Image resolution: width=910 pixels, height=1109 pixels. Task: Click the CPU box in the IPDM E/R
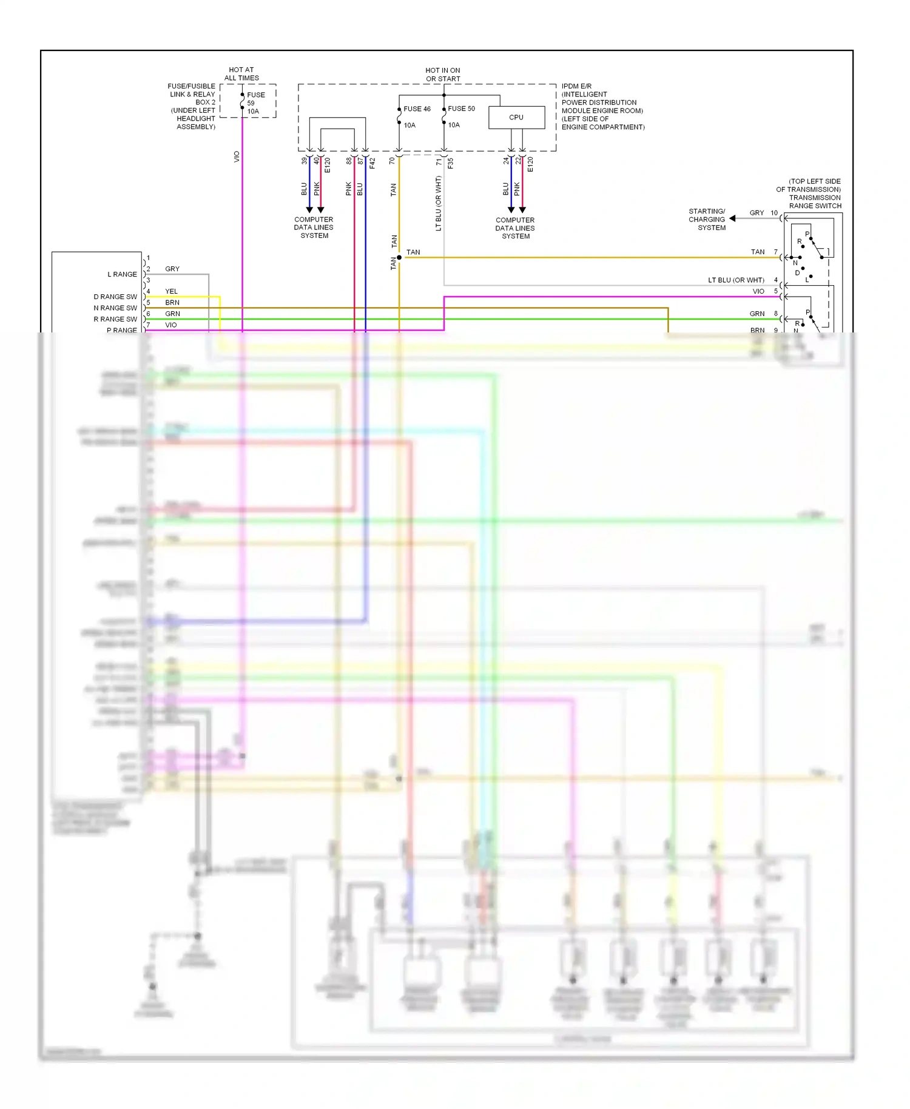tap(516, 117)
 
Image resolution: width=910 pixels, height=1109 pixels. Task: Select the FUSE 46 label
tap(417, 109)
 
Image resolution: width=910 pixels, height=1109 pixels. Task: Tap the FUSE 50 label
tap(461, 109)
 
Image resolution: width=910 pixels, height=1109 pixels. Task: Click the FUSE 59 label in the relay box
tap(255, 99)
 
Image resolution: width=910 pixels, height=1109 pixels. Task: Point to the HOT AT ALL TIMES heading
tap(241, 74)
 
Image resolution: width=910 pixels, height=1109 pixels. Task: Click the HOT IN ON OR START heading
tap(443, 75)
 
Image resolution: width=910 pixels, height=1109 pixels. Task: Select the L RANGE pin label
tap(122, 274)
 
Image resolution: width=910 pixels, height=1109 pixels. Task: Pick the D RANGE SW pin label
tap(115, 297)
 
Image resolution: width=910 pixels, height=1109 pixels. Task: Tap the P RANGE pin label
tap(121, 330)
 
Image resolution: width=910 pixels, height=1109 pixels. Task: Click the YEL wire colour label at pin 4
tap(171, 291)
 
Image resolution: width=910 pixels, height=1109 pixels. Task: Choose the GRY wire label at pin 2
tap(172, 269)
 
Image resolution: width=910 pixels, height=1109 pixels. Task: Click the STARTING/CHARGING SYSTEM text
tap(707, 220)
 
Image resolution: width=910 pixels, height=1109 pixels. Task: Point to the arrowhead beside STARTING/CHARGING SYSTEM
tap(733, 218)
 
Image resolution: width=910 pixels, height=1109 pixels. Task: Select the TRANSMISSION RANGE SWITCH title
tap(813, 202)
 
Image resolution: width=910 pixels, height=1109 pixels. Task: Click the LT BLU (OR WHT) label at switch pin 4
tap(736, 280)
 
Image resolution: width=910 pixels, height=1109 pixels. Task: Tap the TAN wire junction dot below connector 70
tap(399, 258)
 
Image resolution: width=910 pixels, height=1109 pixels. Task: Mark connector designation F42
tap(372, 163)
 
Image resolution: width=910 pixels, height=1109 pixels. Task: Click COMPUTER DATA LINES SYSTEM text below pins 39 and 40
tap(314, 228)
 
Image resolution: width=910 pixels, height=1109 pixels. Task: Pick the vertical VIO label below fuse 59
tap(237, 157)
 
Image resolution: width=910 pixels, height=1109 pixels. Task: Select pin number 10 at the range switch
tap(774, 213)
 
